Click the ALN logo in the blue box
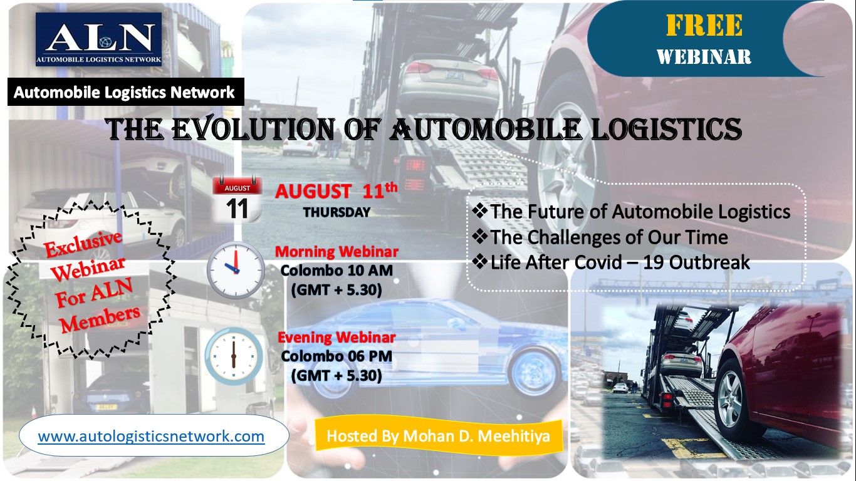click(98, 39)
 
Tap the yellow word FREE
click(704, 26)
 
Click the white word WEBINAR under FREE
click(704, 57)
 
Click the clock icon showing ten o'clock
click(236, 270)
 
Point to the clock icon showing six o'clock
click(234, 356)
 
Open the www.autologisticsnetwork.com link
click(151, 437)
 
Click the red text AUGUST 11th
click(337, 190)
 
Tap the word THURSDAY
click(337, 212)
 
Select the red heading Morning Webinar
click(337, 252)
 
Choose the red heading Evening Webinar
click(337, 338)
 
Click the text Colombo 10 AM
click(337, 271)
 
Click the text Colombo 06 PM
click(337, 356)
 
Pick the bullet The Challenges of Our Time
click(600, 237)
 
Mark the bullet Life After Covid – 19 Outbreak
click(611, 262)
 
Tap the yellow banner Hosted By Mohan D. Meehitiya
click(438, 437)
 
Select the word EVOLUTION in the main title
click(253, 129)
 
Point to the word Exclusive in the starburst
click(83, 244)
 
